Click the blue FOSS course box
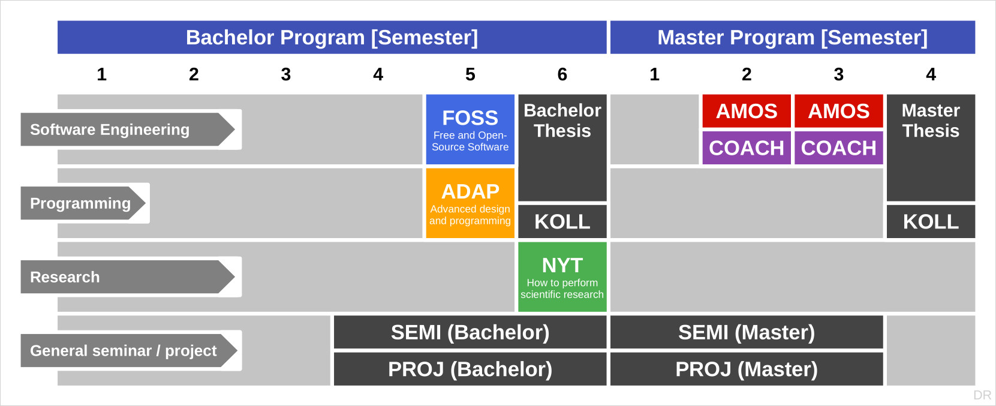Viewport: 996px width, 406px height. (x=470, y=130)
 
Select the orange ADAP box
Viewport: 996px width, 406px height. (x=470, y=203)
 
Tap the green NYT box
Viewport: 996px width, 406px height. (x=562, y=276)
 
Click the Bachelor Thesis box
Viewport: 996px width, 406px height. (x=562, y=148)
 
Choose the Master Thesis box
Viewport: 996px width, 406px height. (x=931, y=148)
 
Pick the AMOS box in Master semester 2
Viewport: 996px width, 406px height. (x=747, y=111)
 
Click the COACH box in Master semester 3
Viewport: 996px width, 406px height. (x=839, y=148)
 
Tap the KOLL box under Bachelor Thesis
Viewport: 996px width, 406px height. (x=562, y=221)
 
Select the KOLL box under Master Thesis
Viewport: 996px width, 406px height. (x=931, y=221)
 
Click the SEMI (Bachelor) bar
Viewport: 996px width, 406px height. (x=470, y=332)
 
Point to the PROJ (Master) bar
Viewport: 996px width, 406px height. (x=747, y=369)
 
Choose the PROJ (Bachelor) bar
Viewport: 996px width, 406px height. (x=470, y=369)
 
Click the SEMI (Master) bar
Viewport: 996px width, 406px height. (x=747, y=332)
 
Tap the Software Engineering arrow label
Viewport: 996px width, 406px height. (x=128, y=130)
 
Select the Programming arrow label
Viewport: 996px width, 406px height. (x=83, y=203)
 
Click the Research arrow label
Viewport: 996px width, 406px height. (x=128, y=276)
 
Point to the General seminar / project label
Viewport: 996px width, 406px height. (x=129, y=350)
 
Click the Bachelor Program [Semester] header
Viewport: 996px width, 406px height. (x=332, y=37)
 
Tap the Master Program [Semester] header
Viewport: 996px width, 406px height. (x=792, y=37)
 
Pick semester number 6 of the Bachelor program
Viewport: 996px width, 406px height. (x=562, y=74)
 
